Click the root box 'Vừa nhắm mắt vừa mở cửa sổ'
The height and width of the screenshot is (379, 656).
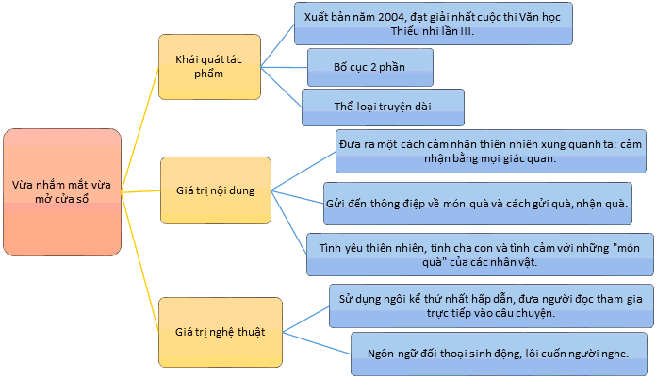click(62, 192)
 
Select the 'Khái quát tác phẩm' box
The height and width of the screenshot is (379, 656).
click(209, 67)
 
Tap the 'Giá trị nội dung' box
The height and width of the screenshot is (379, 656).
click(216, 190)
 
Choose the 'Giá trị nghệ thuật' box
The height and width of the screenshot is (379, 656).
click(221, 332)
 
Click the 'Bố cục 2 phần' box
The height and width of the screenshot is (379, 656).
click(370, 67)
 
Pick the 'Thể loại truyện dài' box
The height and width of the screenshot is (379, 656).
click(383, 107)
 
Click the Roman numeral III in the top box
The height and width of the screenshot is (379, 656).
click(466, 31)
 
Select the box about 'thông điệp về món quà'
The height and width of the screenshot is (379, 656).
click(478, 204)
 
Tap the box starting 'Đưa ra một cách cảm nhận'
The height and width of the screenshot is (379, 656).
click(491, 151)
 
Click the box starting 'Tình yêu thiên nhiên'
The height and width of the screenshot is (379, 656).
click(480, 255)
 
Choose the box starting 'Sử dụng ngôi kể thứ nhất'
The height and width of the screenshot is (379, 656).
click(491, 305)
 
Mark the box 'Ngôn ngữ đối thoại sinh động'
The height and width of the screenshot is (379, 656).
click(499, 354)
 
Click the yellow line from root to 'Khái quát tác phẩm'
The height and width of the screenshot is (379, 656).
click(140, 130)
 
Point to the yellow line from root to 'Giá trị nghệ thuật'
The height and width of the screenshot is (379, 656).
click(140, 262)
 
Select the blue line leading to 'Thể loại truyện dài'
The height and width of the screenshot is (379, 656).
click(282, 88)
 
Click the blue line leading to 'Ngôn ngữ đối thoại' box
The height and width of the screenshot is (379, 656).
click(317, 343)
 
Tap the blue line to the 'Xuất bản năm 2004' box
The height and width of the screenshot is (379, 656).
click(278, 45)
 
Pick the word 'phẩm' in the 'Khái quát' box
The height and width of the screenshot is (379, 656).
click(208, 74)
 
